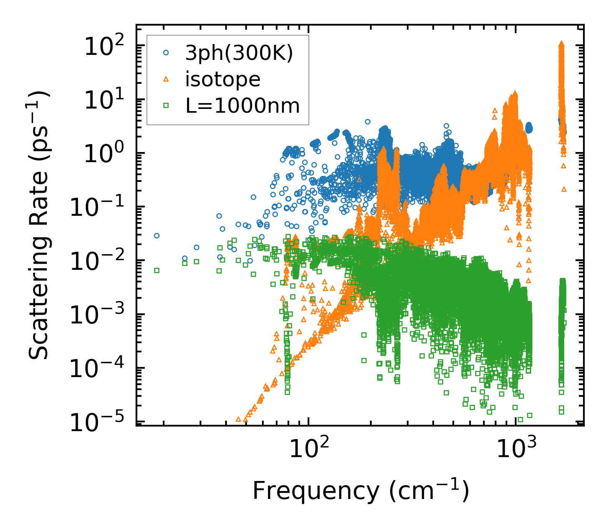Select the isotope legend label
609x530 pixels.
(223, 79)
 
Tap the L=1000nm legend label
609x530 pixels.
(243, 106)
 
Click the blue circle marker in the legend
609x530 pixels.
(166, 53)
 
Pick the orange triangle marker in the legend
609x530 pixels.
(166, 79)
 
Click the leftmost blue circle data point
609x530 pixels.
(157, 235)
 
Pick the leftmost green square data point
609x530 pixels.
(157, 270)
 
